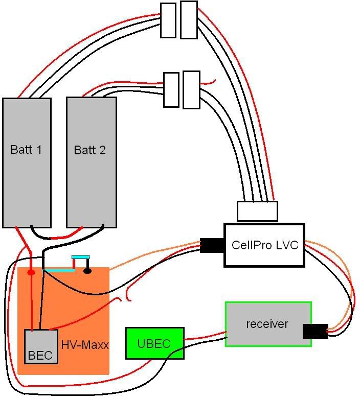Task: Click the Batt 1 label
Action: (x=26, y=150)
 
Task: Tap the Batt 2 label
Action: (x=90, y=150)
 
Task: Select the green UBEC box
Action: (x=154, y=343)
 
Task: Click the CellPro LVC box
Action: (x=264, y=245)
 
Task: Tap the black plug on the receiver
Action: (x=315, y=331)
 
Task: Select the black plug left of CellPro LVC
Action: (x=212, y=246)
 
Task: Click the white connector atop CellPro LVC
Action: (x=257, y=211)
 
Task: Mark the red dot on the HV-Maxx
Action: (x=31, y=272)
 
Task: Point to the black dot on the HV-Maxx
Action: (x=87, y=270)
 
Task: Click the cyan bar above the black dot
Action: (x=81, y=257)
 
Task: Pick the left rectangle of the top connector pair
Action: (x=168, y=20)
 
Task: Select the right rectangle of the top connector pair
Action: (x=189, y=20)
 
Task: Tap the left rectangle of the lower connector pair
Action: (x=171, y=89)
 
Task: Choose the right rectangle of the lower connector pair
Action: (x=191, y=90)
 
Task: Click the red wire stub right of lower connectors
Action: (x=209, y=81)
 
